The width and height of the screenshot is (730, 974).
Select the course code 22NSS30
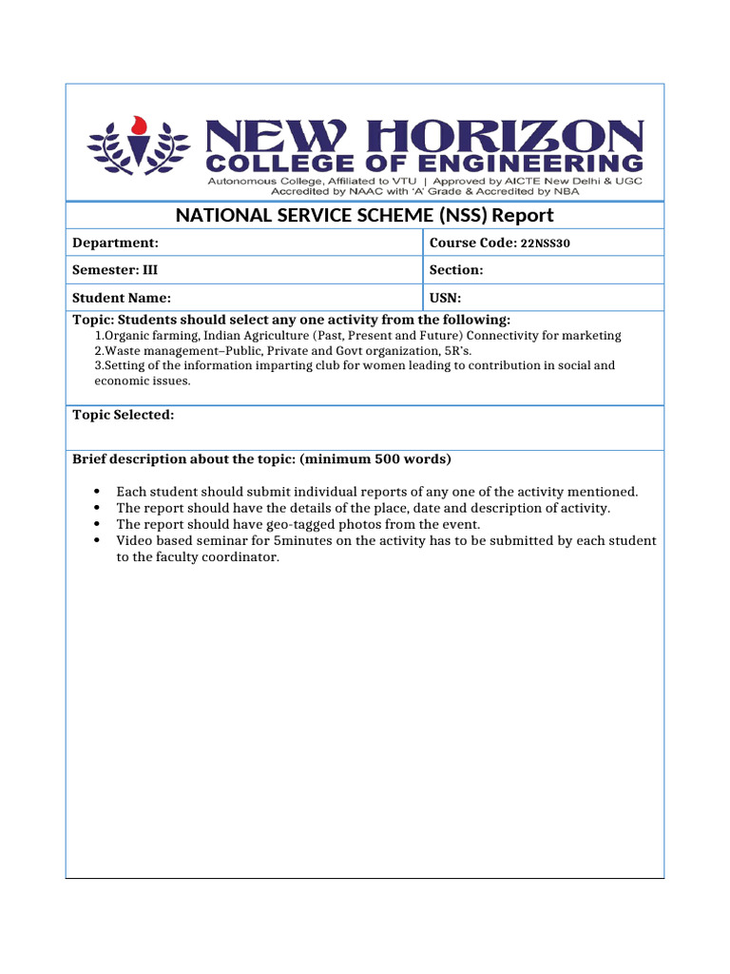pos(546,243)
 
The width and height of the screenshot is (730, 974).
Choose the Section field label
pos(456,270)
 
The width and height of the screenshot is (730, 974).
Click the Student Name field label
pos(122,298)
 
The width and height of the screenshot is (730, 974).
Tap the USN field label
pos(445,298)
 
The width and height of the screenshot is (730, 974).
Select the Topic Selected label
pos(124,415)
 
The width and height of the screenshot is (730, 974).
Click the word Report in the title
pos(521,215)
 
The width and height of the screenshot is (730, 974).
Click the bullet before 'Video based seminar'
pos(99,541)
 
